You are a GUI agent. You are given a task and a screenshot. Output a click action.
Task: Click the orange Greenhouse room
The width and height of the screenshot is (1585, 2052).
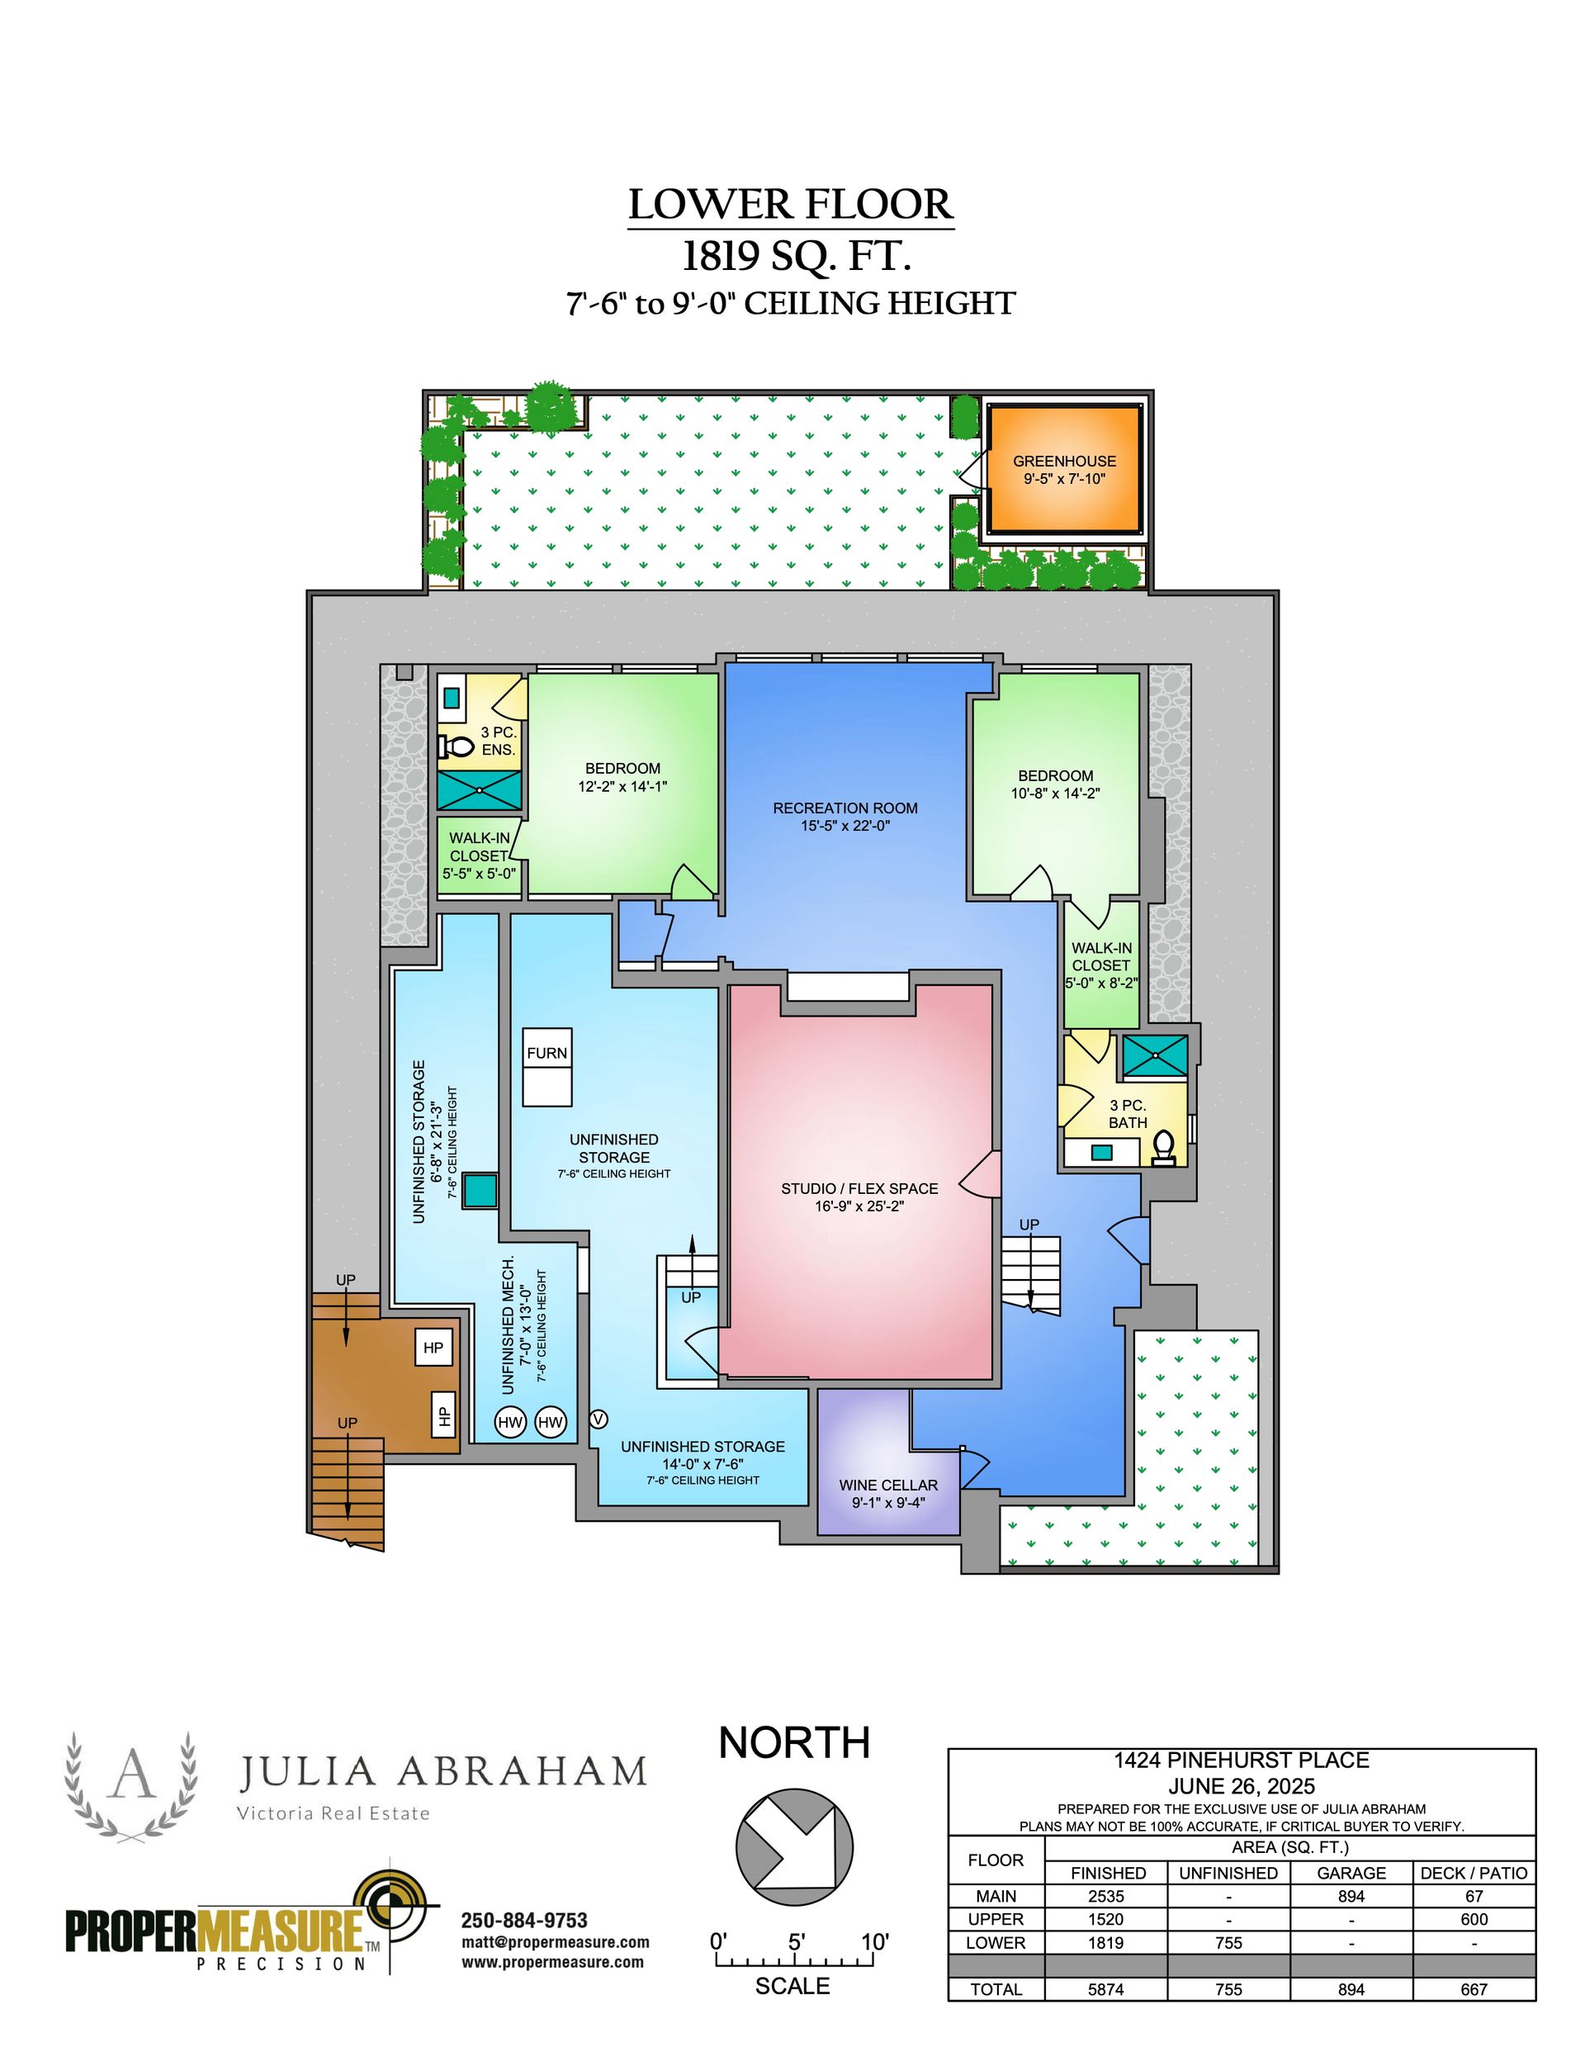pyautogui.click(x=1064, y=469)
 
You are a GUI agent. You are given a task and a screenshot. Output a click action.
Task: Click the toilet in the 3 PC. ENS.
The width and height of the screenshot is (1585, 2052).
pyautogui.click(x=456, y=747)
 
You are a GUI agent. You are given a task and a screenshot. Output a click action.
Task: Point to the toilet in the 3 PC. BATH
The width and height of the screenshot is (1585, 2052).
pyautogui.click(x=1163, y=1147)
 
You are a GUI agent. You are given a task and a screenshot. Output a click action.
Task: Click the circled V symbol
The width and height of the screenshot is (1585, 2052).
pyautogui.click(x=598, y=1419)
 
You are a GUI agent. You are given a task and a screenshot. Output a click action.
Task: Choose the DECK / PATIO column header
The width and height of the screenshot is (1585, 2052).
pyautogui.click(x=1474, y=1873)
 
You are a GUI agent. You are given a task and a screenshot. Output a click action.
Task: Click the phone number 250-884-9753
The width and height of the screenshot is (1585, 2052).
pyautogui.click(x=524, y=1921)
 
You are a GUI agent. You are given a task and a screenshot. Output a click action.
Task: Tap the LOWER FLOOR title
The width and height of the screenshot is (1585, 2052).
pyautogui.click(x=791, y=205)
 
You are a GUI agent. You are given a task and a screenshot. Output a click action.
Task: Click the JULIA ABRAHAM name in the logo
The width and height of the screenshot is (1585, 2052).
pyautogui.click(x=442, y=1771)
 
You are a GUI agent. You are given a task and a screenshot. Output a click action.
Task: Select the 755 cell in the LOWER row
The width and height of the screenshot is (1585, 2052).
pyautogui.click(x=1228, y=1942)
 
